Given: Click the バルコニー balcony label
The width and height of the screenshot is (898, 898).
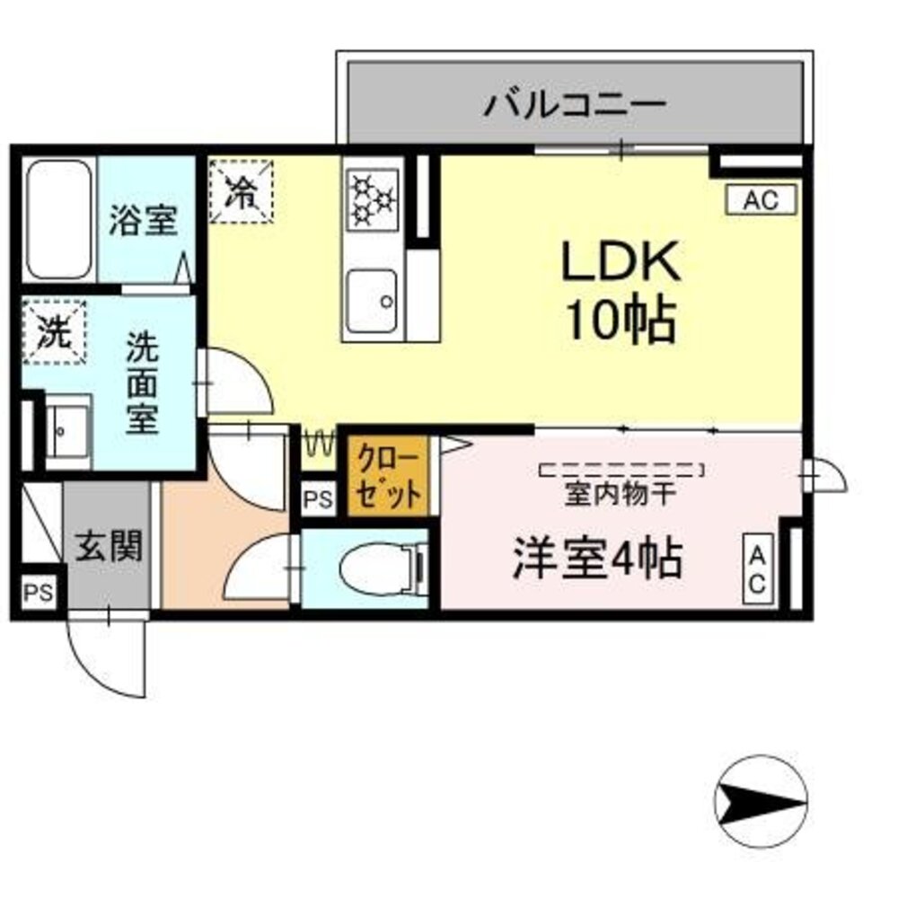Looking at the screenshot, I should pos(576,106).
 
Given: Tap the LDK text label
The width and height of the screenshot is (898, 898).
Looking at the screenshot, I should pos(619,262).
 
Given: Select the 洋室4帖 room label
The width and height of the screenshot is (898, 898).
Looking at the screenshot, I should pos(596,559).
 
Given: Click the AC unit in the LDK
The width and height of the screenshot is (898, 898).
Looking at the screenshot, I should pos(761,200).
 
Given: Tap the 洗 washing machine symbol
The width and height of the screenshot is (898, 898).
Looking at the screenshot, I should pos(54,332).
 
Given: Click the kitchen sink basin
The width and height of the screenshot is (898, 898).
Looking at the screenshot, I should pos(374,299).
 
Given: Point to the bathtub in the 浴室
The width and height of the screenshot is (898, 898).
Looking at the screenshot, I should pos(59,220).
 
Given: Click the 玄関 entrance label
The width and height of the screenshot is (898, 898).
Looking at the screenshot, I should pos(108,546).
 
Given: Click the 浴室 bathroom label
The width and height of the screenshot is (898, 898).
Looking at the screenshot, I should pos(143,220).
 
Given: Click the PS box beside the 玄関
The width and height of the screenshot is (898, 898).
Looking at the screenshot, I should pos(38,593).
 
